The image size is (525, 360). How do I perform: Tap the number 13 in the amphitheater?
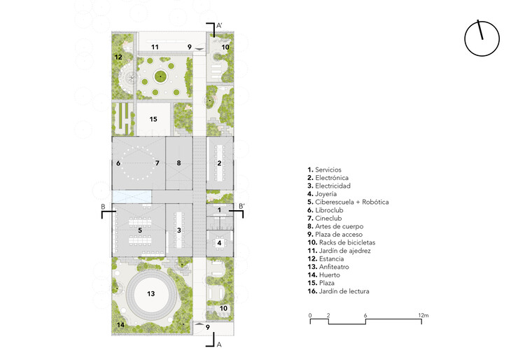click(x=150, y=293)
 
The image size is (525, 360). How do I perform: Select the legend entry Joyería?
click(x=322, y=194)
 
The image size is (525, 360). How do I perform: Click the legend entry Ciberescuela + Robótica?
click(x=348, y=202)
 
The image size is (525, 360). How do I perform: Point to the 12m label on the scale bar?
click(x=423, y=315)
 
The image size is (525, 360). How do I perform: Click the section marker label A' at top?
click(x=219, y=25)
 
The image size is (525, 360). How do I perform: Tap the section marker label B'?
click(x=241, y=207)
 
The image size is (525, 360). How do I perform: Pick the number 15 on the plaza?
click(x=153, y=119)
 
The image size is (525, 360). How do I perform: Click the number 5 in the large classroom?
click(x=140, y=230)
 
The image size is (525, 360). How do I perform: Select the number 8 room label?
click(x=178, y=163)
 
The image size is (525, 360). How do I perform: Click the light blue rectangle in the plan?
click(x=132, y=197)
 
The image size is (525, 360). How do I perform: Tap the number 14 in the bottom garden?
click(x=120, y=324)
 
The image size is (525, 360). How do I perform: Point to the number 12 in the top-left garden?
click(x=118, y=57)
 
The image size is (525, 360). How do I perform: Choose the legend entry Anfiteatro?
click(x=328, y=267)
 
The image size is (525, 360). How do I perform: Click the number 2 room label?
click(x=219, y=163)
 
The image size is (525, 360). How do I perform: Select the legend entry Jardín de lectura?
click(x=338, y=291)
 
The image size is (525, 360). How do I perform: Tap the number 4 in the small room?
click(x=219, y=243)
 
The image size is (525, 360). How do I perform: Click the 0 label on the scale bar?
click(x=310, y=315)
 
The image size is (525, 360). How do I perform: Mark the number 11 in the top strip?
click(x=155, y=47)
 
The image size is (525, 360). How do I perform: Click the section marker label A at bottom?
click(x=219, y=345)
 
